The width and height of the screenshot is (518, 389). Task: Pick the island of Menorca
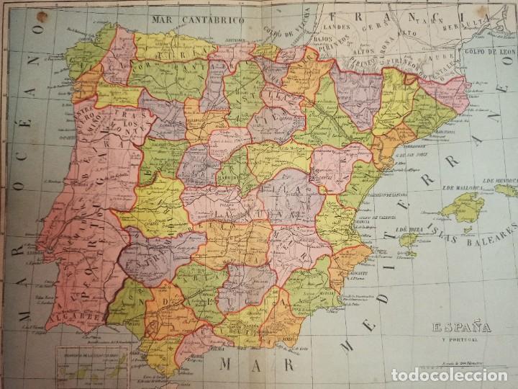click(504, 190)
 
